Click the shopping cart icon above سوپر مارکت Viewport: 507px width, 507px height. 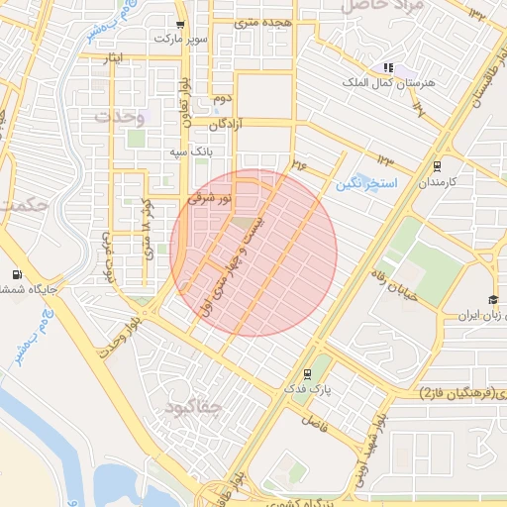pyautogui.click(x=178, y=25)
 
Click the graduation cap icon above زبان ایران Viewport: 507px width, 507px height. pyautogui.click(x=492, y=300)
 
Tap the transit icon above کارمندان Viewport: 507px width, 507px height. pyautogui.click(x=437, y=166)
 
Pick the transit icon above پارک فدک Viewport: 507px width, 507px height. pyautogui.click(x=307, y=374)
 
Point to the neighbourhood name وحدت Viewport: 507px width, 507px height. pyautogui.click(x=119, y=117)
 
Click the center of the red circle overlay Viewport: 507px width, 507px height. pyautogui.click(x=253, y=253)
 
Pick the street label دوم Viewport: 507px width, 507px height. pyautogui.click(x=222, y=100)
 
